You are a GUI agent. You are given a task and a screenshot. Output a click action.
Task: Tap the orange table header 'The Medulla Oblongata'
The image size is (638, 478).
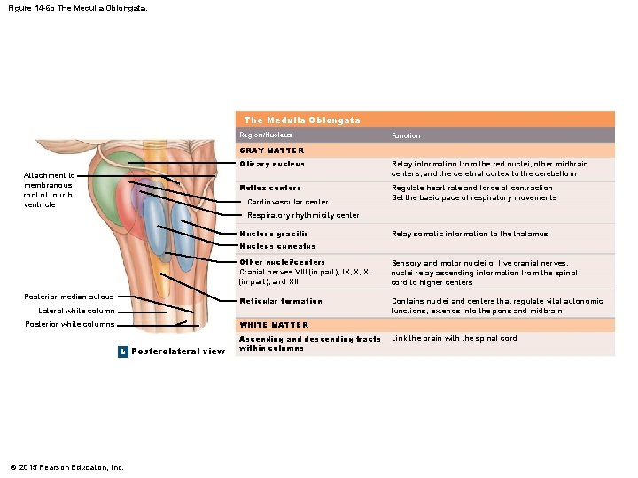point(301,119)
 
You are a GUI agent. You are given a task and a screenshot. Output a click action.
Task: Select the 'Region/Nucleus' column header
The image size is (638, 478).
point(265,135)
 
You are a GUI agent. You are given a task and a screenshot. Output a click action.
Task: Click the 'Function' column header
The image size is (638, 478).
point(406,135)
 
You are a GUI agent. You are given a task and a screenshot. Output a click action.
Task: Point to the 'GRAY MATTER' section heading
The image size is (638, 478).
point(271,150)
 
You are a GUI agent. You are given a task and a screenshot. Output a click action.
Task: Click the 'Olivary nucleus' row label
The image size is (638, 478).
point(271,164)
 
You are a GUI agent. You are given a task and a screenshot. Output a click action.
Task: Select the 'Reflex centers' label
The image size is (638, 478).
point(270,188)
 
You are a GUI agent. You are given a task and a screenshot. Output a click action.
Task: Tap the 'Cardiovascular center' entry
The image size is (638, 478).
point(288,202)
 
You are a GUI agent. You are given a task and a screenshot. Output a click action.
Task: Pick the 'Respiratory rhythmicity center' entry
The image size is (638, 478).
point(303,215)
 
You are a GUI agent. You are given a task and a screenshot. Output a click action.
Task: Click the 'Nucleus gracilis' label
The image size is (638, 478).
point(275,234)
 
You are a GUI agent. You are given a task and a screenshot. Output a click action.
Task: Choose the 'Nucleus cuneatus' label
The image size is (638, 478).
point(276,246)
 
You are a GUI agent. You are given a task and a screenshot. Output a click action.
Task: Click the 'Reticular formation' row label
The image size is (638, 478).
point(281,301)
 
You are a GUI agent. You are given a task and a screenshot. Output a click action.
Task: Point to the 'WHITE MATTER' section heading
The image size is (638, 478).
point(274,325)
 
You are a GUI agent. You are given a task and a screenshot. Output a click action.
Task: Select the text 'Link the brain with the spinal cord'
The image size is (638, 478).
point(454,338)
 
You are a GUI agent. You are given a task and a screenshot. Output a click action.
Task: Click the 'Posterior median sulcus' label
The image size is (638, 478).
point(69,297)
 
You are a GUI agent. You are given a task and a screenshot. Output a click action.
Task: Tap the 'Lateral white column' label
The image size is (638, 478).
point(76,311)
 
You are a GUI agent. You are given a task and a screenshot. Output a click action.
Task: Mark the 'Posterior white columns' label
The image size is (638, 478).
point(70,325)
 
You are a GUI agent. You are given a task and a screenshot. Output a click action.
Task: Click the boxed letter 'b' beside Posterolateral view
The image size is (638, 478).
point(123,351)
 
